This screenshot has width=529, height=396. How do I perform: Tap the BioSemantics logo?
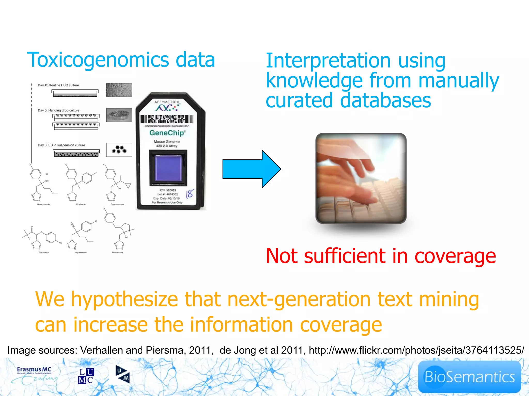(x=469, y=377)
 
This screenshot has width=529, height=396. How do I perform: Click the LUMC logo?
(x=86, y=376)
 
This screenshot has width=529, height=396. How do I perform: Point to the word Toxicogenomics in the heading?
(x=98, y=60)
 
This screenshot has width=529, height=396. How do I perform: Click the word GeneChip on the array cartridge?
(x=167, y=133)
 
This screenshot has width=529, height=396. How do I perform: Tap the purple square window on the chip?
(x=168, y=168)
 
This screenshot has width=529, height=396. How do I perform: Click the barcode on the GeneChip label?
(x=167, y=119)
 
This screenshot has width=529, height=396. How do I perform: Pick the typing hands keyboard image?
(x=361, y=178)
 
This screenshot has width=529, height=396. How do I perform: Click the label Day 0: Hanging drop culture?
(x=58, y=110)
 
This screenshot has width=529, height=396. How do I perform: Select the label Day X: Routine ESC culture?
(x=58, y=85)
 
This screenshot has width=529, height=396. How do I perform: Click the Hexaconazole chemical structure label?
(x=43, y=204)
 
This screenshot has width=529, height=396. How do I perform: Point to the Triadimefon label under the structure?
(x=44, y=253)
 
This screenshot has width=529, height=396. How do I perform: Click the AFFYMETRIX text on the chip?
(x=167, y=102)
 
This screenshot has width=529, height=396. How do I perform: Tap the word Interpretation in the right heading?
(x=328, y=61)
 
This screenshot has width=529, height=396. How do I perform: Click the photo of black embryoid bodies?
(x=119, y=150)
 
